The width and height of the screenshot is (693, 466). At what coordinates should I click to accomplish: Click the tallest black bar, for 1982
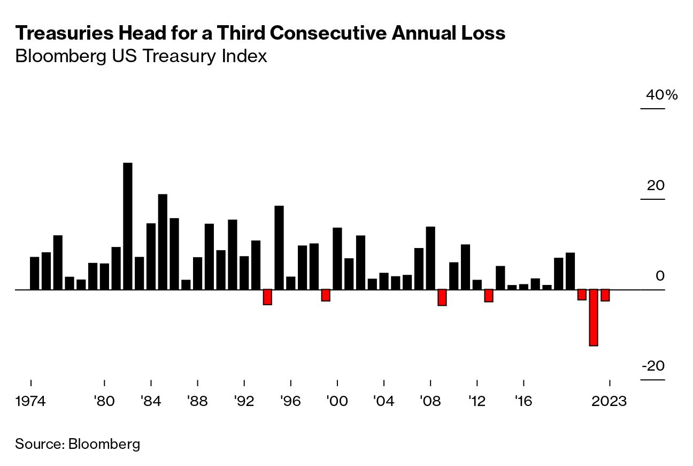coord(128,226)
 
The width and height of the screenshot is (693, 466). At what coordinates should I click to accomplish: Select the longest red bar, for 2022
coord(594,318)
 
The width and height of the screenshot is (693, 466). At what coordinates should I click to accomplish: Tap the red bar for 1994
coord(267,297)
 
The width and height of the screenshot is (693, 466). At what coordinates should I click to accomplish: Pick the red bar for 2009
coord(442,297)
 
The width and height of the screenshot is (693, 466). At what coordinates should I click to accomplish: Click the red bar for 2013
coord(489,296)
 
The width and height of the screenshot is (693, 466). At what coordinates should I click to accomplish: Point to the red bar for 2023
coord(605,295)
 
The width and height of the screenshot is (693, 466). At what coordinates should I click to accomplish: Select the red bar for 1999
coord(326,295)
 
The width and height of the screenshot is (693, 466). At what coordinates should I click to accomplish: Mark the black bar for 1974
coord(35,273)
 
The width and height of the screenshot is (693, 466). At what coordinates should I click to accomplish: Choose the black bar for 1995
coord(279,247)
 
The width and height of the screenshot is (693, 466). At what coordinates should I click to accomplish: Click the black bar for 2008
coord(430,258)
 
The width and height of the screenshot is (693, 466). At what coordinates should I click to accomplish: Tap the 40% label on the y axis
coord(662,95)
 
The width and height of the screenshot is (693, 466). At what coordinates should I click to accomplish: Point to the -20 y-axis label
coord(653,366)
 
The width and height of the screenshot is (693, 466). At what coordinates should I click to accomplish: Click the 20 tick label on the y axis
coord(656,186)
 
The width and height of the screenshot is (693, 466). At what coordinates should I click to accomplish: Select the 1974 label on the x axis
coord(31,401)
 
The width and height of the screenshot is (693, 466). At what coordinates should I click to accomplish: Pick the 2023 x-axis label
coord(609,401)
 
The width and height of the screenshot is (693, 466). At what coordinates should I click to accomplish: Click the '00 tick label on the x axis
coord(337,401)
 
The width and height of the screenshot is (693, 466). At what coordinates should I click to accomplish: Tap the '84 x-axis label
coord(151,401)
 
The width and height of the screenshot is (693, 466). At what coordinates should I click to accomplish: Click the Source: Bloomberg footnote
coord(78,444)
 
